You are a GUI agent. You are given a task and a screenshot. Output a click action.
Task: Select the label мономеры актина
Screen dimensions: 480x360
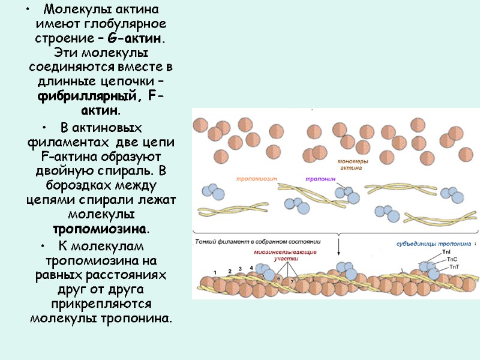pos(350,164)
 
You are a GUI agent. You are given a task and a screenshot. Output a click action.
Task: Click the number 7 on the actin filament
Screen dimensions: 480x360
pos(292,281)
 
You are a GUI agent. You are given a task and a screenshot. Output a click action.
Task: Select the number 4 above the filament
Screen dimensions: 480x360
pos(241,268)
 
